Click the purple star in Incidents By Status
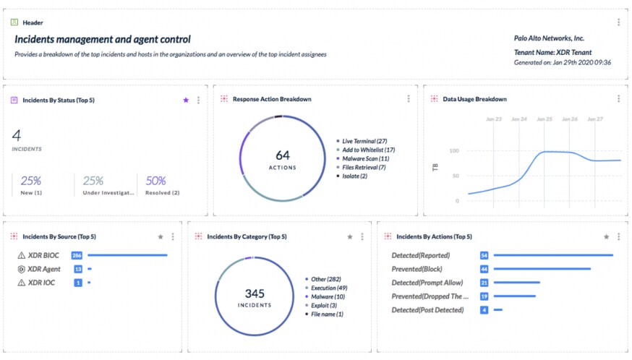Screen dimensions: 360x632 (x=186, y=100)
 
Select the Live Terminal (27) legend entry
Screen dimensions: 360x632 (x=365, y=141)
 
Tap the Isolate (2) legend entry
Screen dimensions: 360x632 (x=354, y=176)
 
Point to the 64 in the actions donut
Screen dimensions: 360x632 (x=283, y=155)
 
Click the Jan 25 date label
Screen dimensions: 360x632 (x=545, y=119)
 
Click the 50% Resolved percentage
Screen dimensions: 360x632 (x=156, y=181)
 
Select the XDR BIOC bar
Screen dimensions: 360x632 (x=127, y=255)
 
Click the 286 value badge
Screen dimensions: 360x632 (x=77, y=255)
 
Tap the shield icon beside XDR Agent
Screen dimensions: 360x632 (x=21, y=269)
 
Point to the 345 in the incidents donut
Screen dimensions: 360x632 (x=255, y=293)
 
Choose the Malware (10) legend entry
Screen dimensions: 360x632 (x=328, y=296)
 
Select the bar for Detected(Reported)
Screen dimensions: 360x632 (x=553, y=255)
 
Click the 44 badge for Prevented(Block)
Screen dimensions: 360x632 (x=484, y=269)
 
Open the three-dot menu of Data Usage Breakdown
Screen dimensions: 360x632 (x=619, y=99)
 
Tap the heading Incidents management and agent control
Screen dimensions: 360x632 (x=103, y=39)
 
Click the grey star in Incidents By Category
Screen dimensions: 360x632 (x=350, y=236)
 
